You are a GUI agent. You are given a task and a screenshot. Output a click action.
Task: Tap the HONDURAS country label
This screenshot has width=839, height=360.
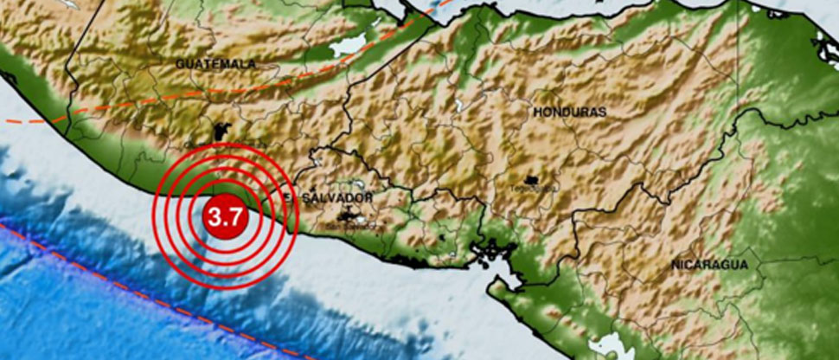coord(569,112)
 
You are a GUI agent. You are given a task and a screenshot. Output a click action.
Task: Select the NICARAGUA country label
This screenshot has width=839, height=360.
coord(708,266)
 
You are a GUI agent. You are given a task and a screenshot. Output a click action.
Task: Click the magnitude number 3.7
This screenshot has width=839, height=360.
coord(226,217)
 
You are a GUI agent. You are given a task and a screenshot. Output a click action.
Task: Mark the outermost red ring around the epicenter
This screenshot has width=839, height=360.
coord(157,216)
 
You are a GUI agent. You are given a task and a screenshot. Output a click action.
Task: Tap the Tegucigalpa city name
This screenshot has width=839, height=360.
coord(534,188)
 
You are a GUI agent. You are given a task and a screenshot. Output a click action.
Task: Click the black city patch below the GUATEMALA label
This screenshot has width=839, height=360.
coord(220,132)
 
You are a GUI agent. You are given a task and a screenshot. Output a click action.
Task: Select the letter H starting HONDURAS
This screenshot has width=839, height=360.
coord(537,112)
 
